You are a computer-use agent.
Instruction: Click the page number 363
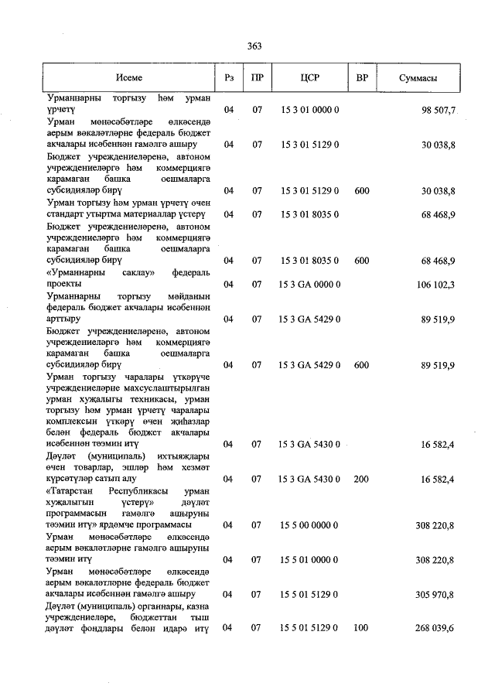tap(254, 46)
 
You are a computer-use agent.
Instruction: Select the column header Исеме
tap(129, 79)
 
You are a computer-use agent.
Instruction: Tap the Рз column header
tap(228, 79)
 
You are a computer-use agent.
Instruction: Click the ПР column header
tap(258, 79)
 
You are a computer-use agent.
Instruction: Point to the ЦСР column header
tap(309, 79)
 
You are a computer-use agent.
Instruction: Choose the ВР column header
tap(361, 79)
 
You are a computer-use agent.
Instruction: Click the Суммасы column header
tap(418, 79)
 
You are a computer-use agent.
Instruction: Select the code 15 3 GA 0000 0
tap(309, 285)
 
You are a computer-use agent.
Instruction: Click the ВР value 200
tap(361, 480)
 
